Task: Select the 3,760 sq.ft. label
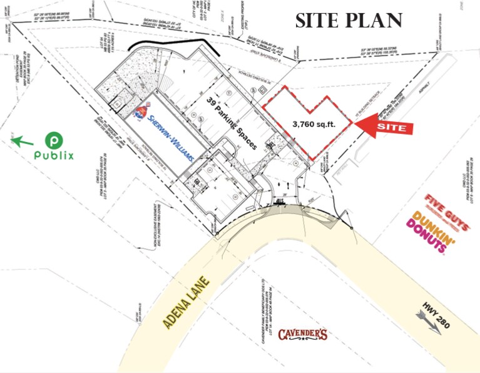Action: coord(314,124)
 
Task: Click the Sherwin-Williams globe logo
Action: coord(142,113)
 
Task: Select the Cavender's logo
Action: coord(303,334)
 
